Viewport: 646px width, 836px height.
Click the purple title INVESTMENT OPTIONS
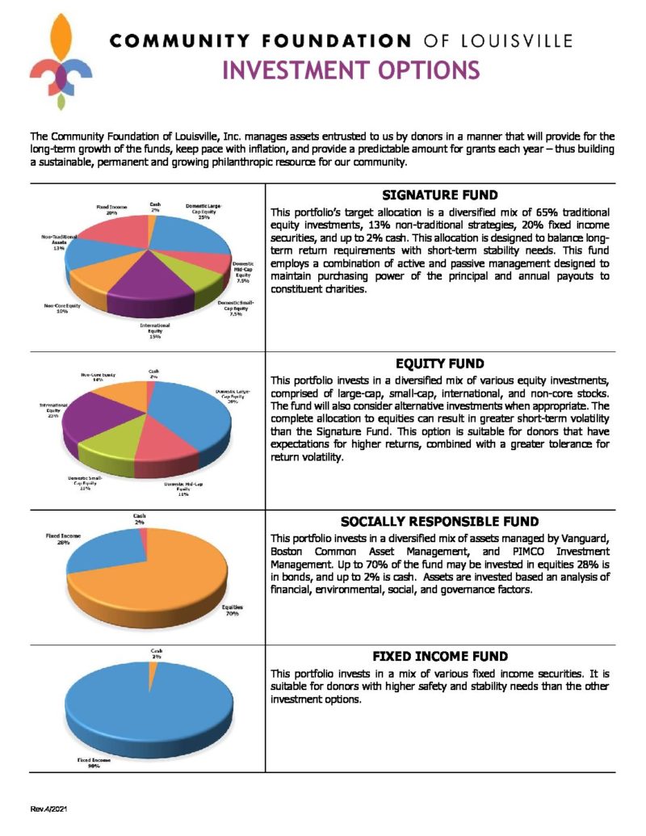350,71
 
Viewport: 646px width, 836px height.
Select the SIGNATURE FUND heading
439,195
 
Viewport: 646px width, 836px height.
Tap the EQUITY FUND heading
439,363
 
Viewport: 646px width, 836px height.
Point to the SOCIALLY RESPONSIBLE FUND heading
439,521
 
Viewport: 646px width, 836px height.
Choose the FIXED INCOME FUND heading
439,656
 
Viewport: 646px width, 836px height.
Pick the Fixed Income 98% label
89,763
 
